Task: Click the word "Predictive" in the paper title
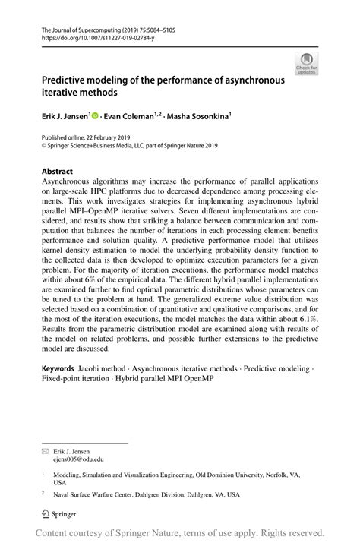(70, 78)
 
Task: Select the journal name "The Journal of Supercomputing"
(86, 27)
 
